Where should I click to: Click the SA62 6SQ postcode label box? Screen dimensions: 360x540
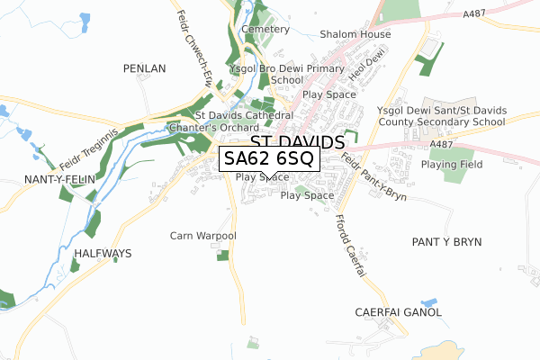click(268, 159)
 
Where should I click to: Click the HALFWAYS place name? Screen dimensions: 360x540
click(103, 254)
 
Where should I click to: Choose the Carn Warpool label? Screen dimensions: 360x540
click(202, 236)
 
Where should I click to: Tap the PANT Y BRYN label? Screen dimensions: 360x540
click(446, 242)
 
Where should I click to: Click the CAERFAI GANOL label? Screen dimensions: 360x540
click(403, 312)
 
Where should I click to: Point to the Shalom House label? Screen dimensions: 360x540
click(355, 35)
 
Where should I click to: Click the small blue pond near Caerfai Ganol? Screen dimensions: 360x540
click(428, 301)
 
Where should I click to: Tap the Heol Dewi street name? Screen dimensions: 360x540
click(367, 67)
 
